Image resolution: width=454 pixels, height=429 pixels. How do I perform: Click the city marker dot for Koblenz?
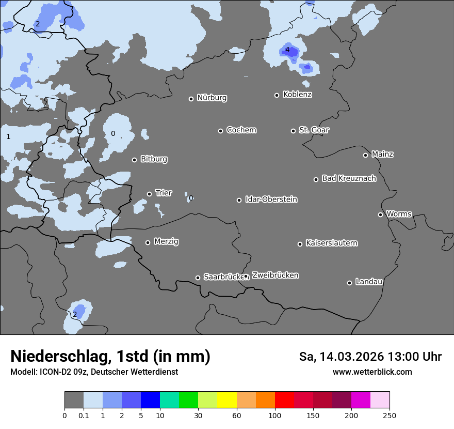click(x=277, y=95)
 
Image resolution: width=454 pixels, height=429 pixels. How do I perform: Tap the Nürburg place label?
click(x=212, y=98)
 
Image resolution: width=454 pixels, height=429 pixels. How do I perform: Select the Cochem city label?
click(x=241, y=130)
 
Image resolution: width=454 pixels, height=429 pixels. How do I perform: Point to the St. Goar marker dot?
click(x=293, y=131)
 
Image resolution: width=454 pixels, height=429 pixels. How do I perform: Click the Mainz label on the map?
click(x=382, y=154)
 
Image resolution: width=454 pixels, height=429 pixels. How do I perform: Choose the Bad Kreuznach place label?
click(x=349, y=178)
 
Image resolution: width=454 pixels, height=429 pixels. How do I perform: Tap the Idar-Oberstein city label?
click(x=271, y=199)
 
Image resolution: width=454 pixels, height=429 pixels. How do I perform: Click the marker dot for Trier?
click(x=149, y=194)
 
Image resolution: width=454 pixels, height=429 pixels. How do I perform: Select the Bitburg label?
click(x=154, y=159)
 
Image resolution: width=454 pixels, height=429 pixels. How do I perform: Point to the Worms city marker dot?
click(x=380, y=214)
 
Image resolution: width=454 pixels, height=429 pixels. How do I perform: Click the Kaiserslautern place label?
click(x=331, y=243)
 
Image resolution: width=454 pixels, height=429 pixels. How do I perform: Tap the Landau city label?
click(x=369, y=282)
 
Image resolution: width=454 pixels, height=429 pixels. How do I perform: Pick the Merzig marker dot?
click(x=148, y=242)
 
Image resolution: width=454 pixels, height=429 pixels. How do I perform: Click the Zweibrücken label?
click(x=275, y=275)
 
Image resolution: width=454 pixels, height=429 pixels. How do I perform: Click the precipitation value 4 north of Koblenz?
click(x=287, y=50)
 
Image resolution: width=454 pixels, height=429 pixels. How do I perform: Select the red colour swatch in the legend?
click(x=284, y=400)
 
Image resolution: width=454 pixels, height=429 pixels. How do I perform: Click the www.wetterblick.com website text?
click(x=372, y=372)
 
